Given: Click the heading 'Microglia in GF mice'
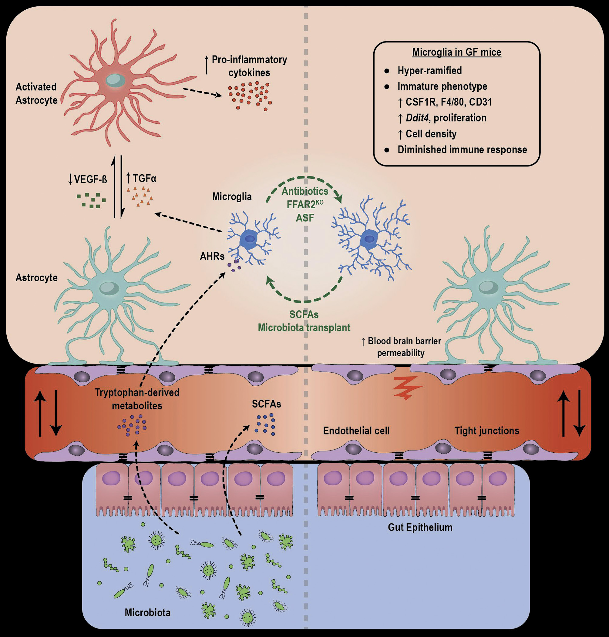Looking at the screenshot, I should tap(456, 52).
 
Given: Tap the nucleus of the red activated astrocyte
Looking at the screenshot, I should tap(115, 80).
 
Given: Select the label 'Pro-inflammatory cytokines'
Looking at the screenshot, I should tap(249, 66).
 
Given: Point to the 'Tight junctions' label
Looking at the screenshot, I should tap(486, 431).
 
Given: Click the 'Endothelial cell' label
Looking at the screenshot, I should tap(356, 431).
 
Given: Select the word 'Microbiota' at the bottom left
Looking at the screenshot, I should tap(147, 612).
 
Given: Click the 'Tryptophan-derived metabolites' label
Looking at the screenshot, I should tap(137, 399).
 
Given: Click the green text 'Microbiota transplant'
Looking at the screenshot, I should tap(304, 327).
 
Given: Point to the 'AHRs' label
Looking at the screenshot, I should tap(212, 256).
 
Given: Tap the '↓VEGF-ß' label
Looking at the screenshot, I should tap(88, 179).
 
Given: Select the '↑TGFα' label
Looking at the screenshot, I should tap(141, 178).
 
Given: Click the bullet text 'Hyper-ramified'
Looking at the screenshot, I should tap(429, 70).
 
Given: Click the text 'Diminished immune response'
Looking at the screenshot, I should tap(462, 149).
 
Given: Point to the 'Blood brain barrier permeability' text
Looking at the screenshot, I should tap(401, 347).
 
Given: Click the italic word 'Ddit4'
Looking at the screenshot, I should tap(417, 118).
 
